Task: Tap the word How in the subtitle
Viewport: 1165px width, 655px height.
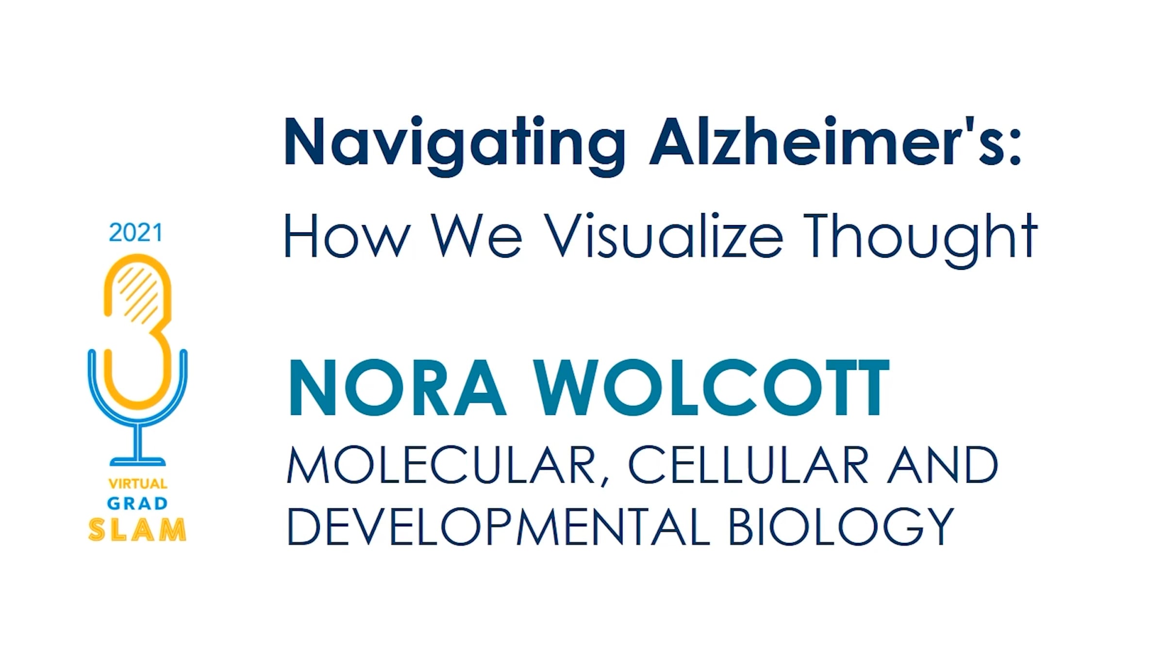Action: coord(347,235)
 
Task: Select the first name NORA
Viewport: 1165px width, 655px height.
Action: coord(398,388)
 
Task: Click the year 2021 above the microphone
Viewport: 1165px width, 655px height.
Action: coord(136,233)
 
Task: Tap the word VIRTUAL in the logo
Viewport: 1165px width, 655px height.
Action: coord(138,484)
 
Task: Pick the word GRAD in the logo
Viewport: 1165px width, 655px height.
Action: coord(137,504)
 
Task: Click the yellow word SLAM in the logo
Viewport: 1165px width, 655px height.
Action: coord(137,529)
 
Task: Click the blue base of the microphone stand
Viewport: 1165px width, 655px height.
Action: coord(138,461)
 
